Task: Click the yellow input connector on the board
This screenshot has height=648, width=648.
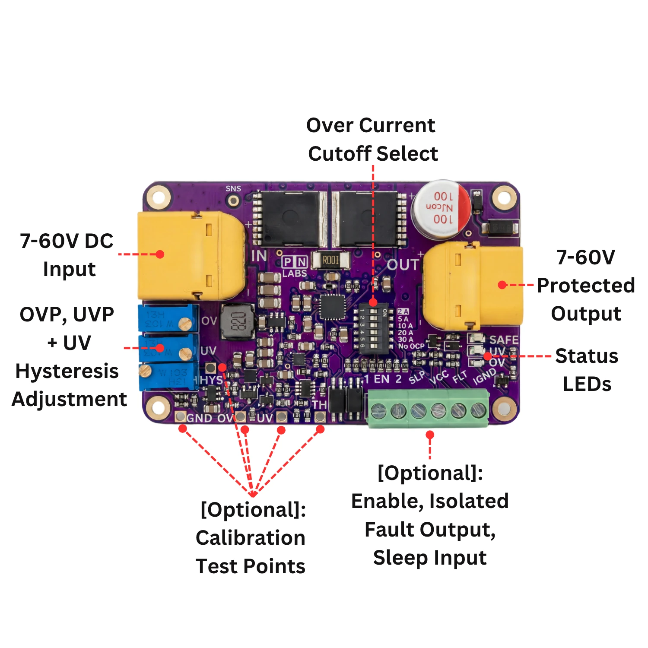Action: point(190,256)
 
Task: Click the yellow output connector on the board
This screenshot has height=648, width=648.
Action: point(473,283)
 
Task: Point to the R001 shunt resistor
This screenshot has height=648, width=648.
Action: point(330,260)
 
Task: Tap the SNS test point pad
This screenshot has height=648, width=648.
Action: point(234,201)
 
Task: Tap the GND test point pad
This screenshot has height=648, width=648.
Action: point(181,417)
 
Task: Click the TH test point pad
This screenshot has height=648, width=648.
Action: point(320,416)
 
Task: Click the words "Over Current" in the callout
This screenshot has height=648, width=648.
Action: point(371,126)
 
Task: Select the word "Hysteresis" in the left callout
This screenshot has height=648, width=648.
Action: point(67,371)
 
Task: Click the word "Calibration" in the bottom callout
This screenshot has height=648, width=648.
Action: point(251,538)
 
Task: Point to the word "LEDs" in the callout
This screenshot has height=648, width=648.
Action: point(587,384)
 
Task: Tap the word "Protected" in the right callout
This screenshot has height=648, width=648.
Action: point(586,286)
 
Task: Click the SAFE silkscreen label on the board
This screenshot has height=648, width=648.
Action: point(504,340)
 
